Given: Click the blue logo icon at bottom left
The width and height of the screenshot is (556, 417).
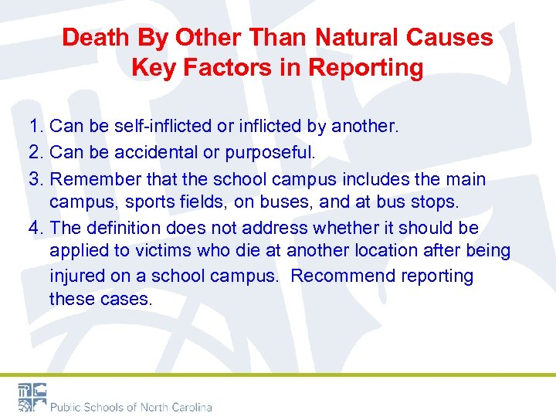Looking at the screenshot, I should pos(32,397).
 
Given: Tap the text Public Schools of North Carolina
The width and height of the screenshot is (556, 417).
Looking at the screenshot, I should pos(131,406).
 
